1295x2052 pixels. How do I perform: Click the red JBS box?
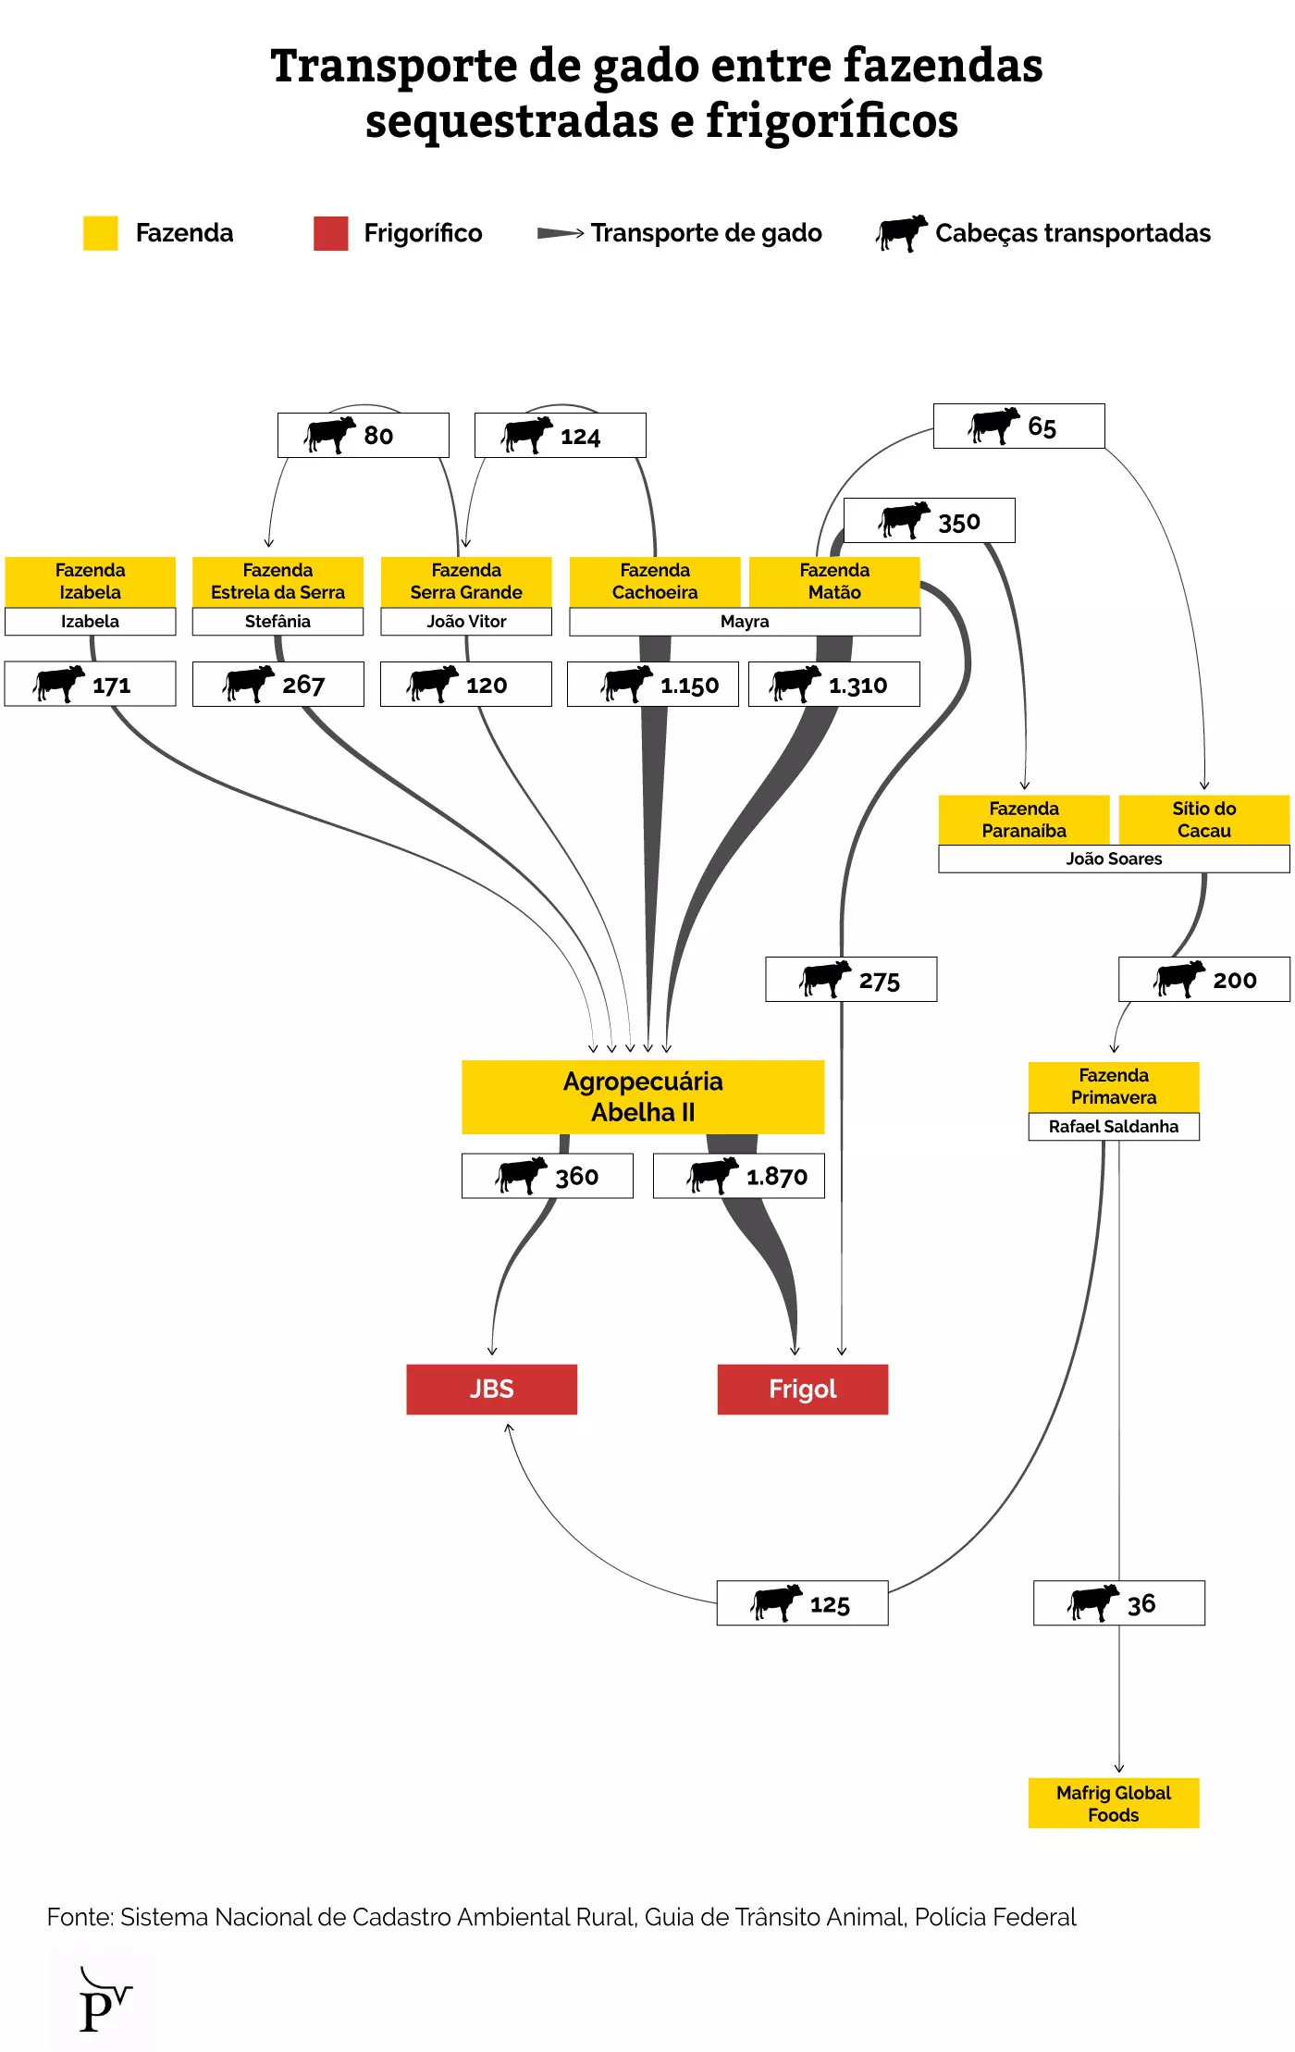(491, 1389)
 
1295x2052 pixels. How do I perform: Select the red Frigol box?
(802, 1389)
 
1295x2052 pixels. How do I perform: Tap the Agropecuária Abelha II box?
(643, 1096)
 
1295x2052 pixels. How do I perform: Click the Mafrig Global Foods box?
(1114, 1803)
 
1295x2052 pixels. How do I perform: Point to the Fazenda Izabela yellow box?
(90, 581)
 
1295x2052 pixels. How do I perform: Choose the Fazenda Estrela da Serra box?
(277, 581)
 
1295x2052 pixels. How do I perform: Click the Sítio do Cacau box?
(1203, 819)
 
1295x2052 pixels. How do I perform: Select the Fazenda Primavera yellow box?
(1114, 1086)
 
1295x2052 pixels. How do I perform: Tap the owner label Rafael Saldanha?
(1114, 1126)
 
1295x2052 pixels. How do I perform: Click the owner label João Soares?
(1114, 859)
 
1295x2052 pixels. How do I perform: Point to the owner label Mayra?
(745, 622)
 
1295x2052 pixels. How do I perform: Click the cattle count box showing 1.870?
(738, 1176)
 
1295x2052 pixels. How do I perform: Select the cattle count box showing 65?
(1018, 426)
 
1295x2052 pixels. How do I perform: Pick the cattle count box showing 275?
(851, 980)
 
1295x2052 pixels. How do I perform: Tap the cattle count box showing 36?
(1118, 1603)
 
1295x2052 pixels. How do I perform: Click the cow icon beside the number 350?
(904, 520)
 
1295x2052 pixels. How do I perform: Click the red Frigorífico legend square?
(331, 233)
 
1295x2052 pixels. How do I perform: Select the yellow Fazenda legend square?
(100, 233)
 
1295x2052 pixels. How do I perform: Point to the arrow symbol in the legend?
(560, 233)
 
